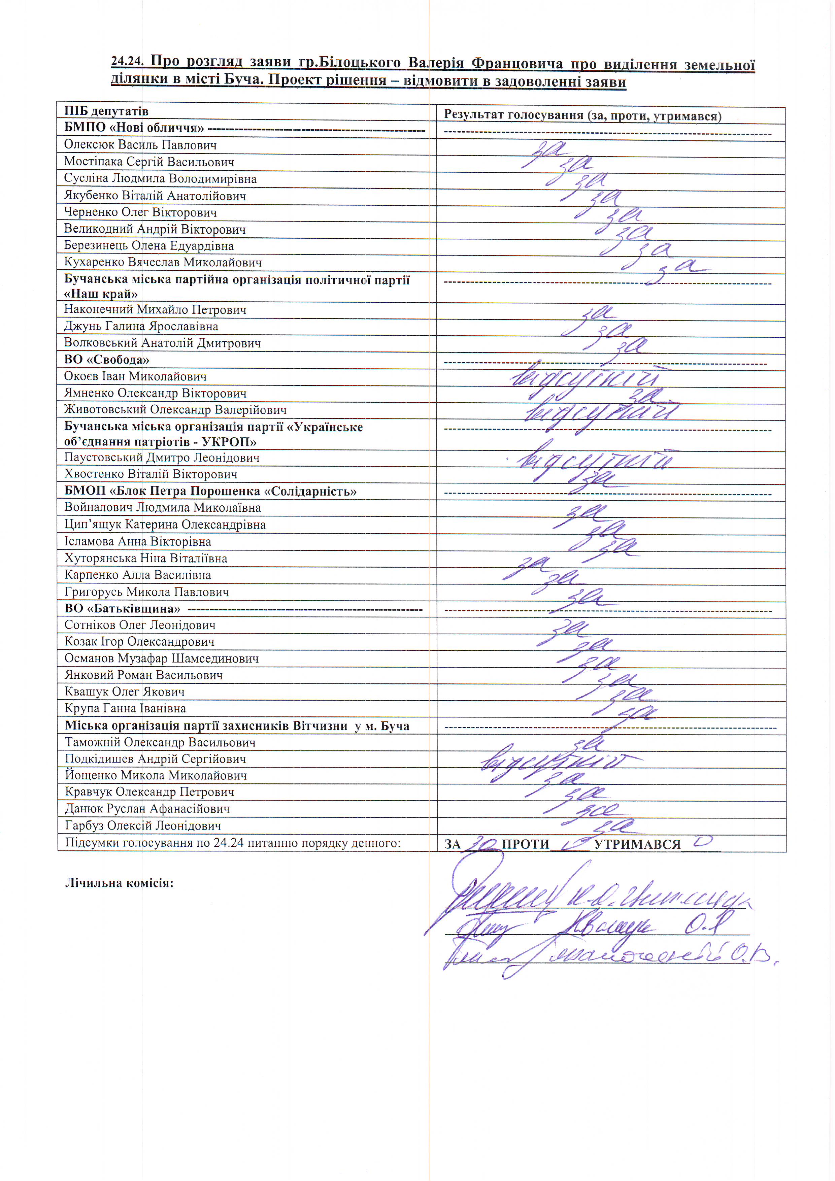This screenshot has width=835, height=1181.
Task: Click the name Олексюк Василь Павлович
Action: point(140,145)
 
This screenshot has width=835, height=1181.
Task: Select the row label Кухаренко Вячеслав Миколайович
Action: point(163,262)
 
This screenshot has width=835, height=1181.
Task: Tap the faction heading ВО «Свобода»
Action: point(106,360)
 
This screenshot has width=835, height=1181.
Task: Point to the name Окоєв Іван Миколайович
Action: point(135,376)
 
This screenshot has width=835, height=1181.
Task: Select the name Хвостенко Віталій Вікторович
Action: point(151,474)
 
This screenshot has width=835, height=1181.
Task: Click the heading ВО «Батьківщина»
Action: point(123,608)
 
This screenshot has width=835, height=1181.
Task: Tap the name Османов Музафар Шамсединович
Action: point(162,659)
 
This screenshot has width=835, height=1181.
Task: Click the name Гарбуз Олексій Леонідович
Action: point(143,825)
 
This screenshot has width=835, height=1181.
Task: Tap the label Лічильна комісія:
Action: point(119,883)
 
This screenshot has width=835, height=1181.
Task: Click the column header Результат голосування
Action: point(582,115)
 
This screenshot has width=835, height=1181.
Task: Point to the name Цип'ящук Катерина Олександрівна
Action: point(165,525)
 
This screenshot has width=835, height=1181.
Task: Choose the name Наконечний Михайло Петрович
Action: point(155,310)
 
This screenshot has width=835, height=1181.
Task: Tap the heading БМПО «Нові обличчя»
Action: point(134,128)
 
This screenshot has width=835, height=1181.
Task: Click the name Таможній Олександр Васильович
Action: point(160,742)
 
